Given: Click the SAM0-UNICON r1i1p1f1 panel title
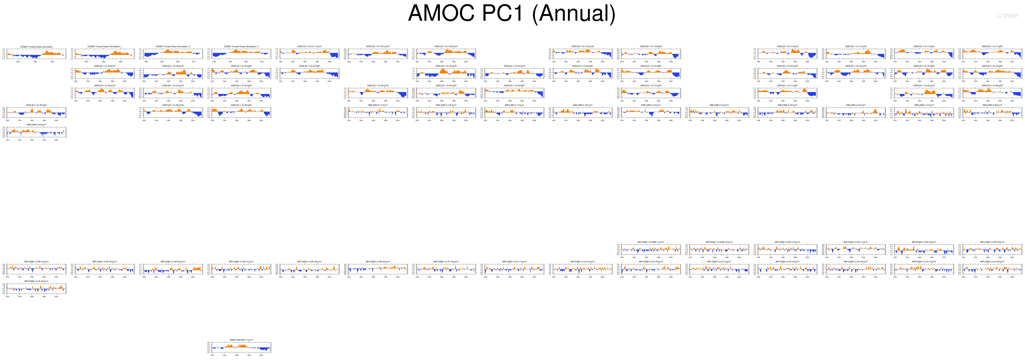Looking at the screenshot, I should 241,340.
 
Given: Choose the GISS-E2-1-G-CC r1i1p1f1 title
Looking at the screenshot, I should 310,47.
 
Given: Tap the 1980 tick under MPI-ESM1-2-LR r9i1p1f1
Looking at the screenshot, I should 44,296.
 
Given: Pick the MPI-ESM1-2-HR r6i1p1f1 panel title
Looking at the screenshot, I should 173,262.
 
